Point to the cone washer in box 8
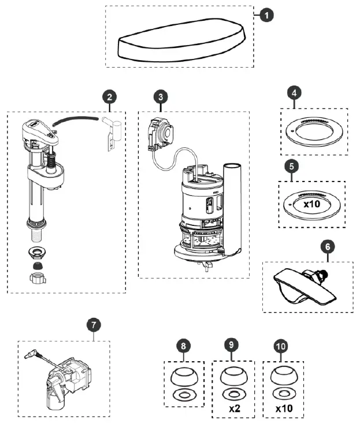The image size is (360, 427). [x=184, y=378]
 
